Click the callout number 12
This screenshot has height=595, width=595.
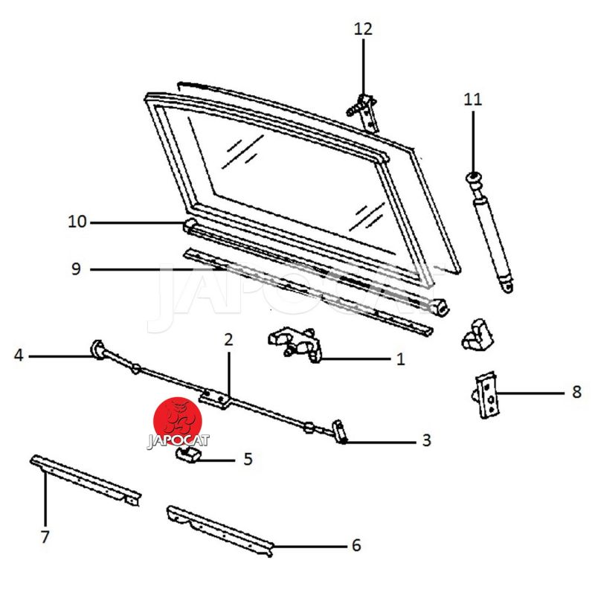tap(363, 29)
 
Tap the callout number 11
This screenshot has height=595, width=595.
tap(473, 99)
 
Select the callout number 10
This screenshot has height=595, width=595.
tap(77, 222)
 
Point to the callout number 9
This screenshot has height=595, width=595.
tap(76, 269)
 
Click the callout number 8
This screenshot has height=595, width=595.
tap(576, 392)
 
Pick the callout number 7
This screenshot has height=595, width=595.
tap(45, 536)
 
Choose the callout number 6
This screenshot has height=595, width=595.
tap(356, 546)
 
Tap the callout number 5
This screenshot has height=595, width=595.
tap(248, 459)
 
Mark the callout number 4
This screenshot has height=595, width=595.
tap(19, 356)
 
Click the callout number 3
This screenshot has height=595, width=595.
tap(426, 440)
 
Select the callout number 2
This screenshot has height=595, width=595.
tap(228, 340)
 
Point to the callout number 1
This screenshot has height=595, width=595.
tap(400, 360)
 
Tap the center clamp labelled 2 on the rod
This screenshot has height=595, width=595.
tap(216, 398)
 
